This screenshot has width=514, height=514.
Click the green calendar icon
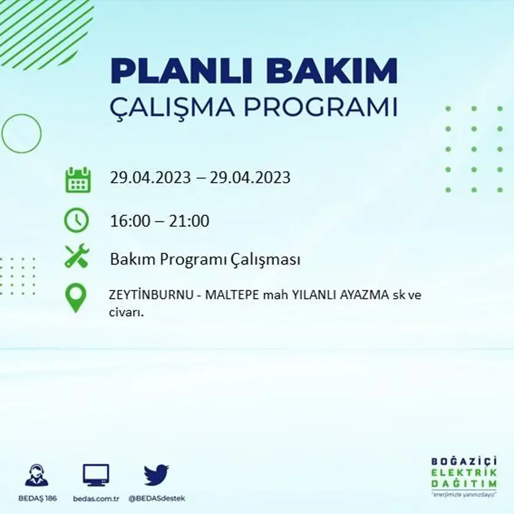77,180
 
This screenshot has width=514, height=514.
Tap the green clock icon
77,221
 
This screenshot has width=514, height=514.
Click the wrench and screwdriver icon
77,256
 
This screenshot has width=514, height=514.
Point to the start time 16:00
128,221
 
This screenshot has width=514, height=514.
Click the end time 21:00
189,221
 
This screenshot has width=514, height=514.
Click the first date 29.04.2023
151,178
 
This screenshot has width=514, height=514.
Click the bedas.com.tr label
96,499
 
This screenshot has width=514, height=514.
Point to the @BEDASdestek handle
156,499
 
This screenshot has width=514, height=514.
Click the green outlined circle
22,134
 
